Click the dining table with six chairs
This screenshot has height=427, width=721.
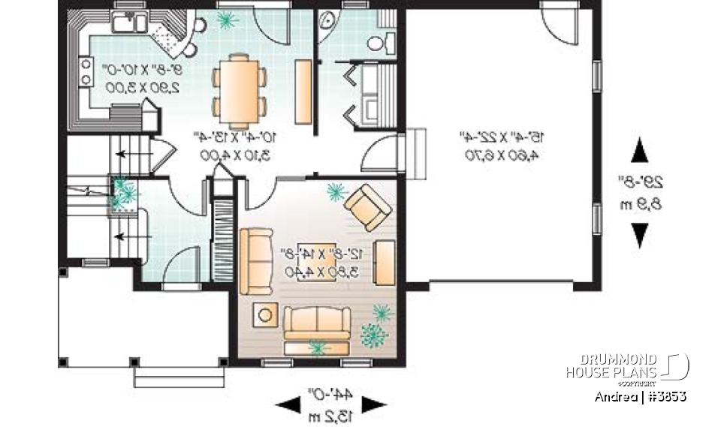(x=239, y=89)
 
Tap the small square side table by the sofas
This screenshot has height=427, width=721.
(x=265, y=315)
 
